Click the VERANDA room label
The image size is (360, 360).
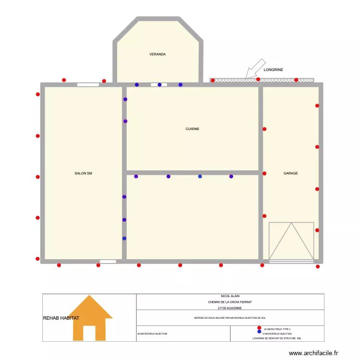pyautogui.click(x=157, y=55)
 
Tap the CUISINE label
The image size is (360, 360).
pyautogui.click(x=192, y=129)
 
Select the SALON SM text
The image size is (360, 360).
pyautogui.click(x=83, y=173)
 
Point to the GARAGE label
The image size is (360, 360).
pyautogui.click(x=290, y=173)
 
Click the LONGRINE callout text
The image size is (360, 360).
pyautogui.click(x=274, y=70)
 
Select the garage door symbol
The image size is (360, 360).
pyautogui.click(x=291, y=242)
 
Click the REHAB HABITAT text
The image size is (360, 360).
pyautogui.click(x=61, y=318)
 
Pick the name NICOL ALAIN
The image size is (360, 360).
pyautogui.click(x=230, y=296)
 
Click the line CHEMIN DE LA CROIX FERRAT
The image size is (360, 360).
pyautogui.click(x=230, y=302)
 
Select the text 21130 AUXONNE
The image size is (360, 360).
pyautogui.click(x=230, y=308)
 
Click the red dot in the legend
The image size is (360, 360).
pyautogui.click(x=259, y=328)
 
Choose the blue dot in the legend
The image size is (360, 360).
pyautogui.click(x=259, y=332)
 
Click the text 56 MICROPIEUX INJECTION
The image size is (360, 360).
pyautogui.click(x=153, y=333)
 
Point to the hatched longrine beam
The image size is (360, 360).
pyautogui.click(x=262, y=80)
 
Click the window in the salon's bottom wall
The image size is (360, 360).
pyautogui.click(x=108, y=262)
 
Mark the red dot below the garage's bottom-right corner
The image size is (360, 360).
pyautogui.click(x=318, y=266)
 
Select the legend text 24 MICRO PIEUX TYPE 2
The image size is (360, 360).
pyautogui.click(x=277, y=329)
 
